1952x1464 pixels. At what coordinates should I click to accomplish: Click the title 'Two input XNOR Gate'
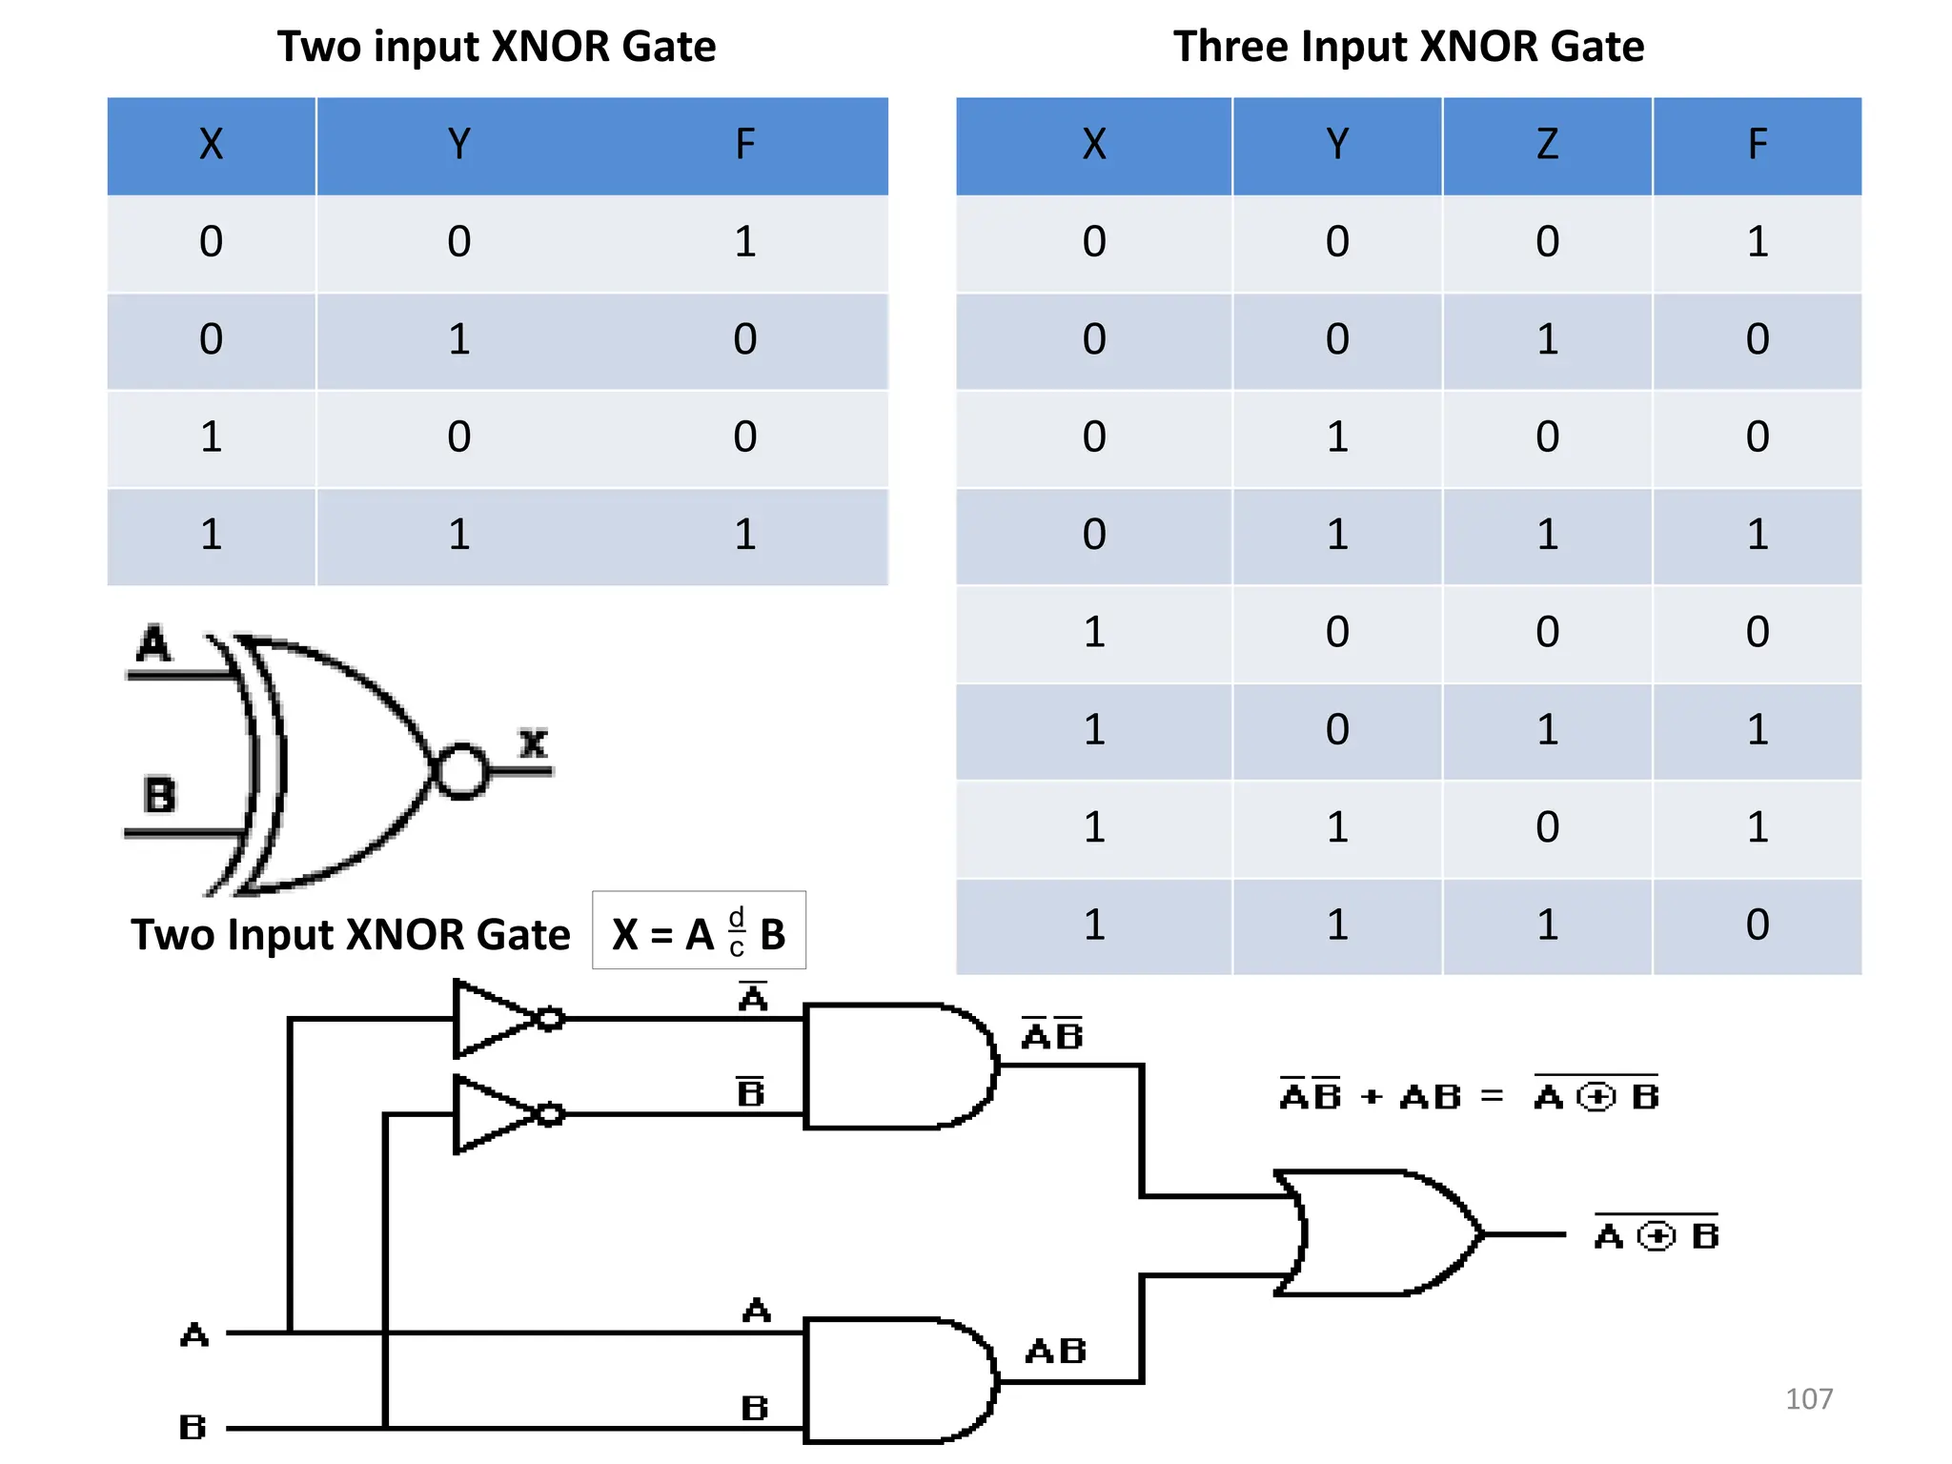coord(496,46)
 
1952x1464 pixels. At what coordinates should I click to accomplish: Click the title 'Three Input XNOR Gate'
coord(1408,46)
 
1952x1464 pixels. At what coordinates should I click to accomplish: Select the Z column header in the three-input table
coord(1546,145)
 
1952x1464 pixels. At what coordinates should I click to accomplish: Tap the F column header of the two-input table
coord(744,145)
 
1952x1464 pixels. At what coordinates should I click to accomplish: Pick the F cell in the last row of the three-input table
coord(1757,925)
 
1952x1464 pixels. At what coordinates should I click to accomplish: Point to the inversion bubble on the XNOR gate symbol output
coord(461,770)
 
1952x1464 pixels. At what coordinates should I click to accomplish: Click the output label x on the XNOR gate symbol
coord(534,742)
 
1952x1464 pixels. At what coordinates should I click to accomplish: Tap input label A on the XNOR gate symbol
coord(153,643)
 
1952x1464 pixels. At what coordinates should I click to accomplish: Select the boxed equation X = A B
coord(699,931)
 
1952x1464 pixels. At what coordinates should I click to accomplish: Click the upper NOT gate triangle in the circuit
coord(491,1019)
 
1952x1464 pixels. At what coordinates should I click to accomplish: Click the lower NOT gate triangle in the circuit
coord(491,1114)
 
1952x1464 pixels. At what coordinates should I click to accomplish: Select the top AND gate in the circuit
coord(896,1066)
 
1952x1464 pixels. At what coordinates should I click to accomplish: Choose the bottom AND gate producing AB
coord(896,1380)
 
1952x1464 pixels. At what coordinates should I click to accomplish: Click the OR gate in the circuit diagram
coord(1377,1233)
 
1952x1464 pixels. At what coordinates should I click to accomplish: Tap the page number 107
coord(1808,1398)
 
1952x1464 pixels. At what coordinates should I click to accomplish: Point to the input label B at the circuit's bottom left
coord(193,1427)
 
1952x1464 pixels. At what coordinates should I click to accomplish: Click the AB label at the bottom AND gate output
coord(1056,1351)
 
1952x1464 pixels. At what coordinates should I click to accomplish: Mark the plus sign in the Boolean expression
coord(1371,1097)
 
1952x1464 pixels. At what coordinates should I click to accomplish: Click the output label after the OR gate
coord(1657,1235)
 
